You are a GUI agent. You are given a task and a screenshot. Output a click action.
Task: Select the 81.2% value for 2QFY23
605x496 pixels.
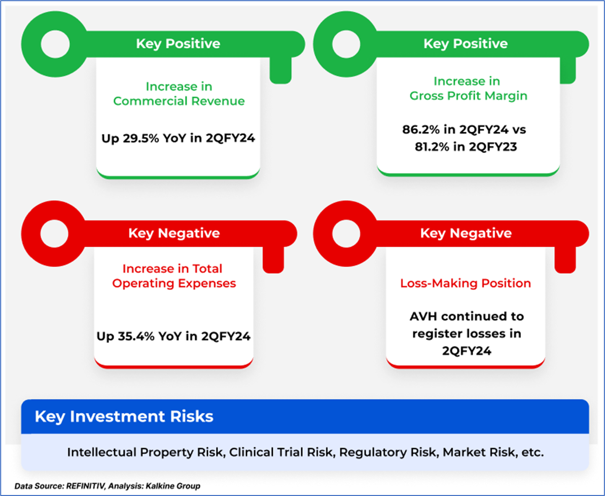click(x=432, y=147)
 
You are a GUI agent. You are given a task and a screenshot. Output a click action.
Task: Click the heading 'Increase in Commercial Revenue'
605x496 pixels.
click(x=179, y=94)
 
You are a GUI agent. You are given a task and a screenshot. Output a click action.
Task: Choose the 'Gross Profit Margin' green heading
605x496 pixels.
click(x=469, y=96)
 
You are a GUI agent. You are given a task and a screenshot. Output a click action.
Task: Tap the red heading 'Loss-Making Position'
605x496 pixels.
click(x=466, y=283)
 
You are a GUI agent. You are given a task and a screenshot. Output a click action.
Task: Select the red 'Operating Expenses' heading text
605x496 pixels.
click(x=174, y=283)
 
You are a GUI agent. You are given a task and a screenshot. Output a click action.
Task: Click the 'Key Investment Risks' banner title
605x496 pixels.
click(x=124, y=416)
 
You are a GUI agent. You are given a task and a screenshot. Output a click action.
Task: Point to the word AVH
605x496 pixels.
click(x=423, y=317)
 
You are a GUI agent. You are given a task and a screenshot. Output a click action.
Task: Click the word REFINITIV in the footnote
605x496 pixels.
click(x=86, y=486)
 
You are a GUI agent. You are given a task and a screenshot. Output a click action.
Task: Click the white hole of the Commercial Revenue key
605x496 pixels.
click(x=55, y=44)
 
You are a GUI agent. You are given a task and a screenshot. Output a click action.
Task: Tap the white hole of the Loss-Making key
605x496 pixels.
click(x=346, y=234)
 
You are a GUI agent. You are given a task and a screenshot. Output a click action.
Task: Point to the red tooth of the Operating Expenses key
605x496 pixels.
click(x=273, y=260)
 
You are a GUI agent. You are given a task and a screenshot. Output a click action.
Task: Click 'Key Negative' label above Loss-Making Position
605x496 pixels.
click(x=466, y=233)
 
